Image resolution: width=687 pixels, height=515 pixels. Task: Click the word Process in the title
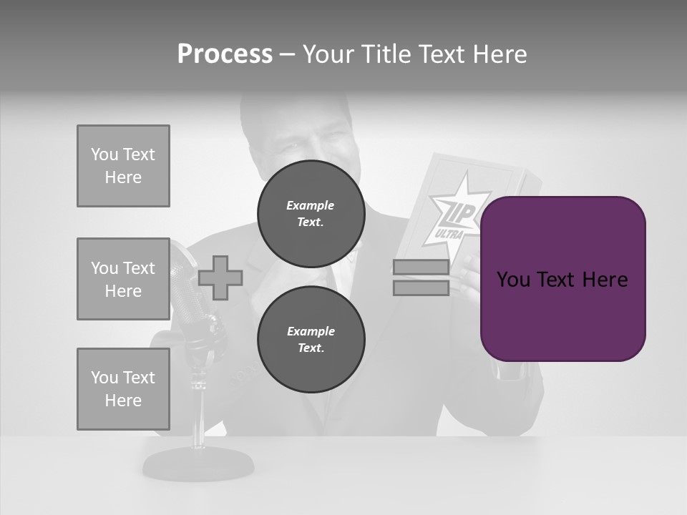tap(225, 54)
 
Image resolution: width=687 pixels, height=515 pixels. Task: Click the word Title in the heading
tap(386, 54)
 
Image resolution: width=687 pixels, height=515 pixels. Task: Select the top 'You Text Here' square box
tap(123, 166)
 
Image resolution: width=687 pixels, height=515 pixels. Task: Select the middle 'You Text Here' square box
tap(123, 279)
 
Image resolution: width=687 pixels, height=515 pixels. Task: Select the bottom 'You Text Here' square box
tap(123, 389)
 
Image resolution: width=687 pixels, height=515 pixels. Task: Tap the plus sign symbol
tap(220, 278)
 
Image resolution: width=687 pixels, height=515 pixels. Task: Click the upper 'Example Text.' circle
tap(311, 214)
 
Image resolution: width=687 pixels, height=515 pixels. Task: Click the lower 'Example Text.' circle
tap(311, 339)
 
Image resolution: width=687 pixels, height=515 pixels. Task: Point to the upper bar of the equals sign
tap(421, 268)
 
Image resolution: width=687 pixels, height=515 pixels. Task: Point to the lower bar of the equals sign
tap(421, 288)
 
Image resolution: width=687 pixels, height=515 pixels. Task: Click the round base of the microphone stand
tap(198, 466)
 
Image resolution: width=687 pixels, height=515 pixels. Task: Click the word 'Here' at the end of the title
tap(498, 54)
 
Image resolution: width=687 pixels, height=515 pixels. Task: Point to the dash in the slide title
tap(287, 55)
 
